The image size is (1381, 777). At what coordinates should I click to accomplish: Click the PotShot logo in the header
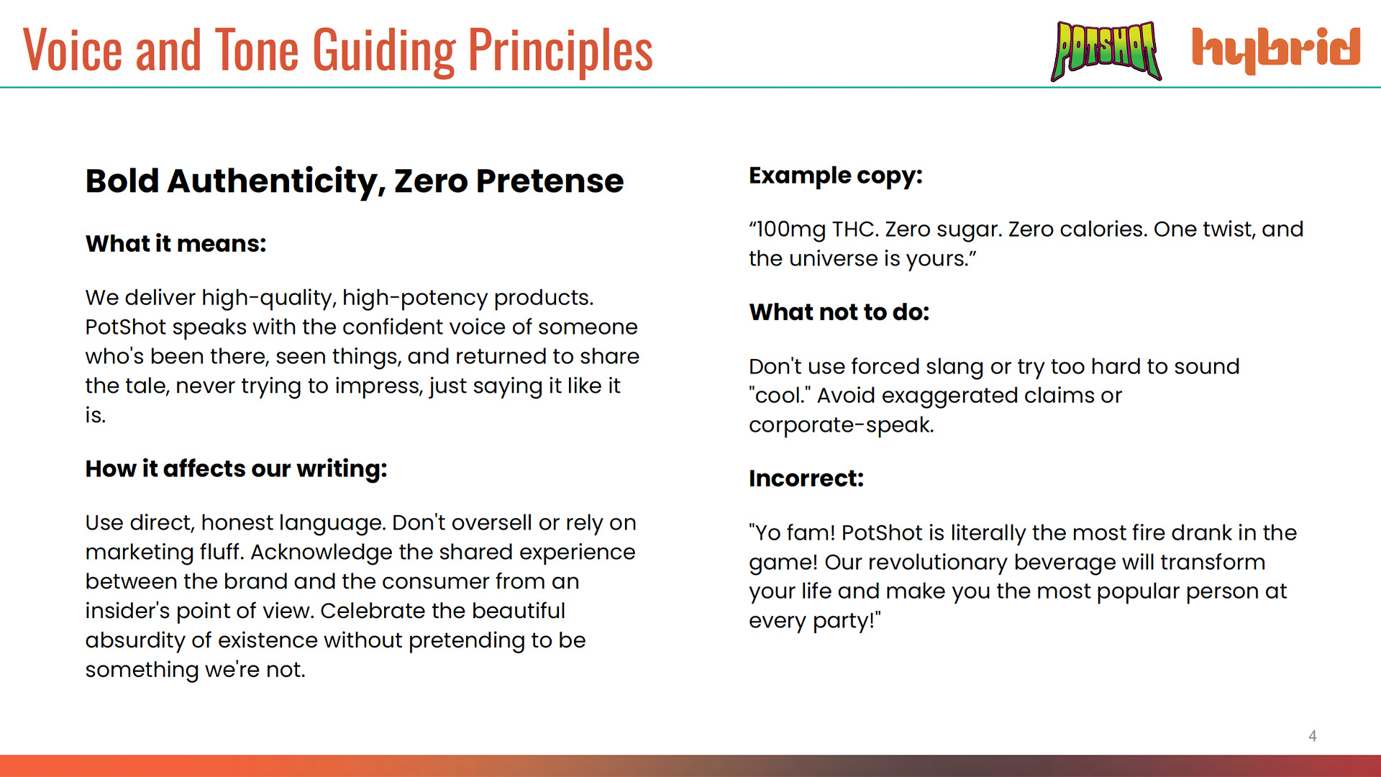click(x=1106, y=50)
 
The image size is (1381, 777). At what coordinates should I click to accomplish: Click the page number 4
click(x=1313, y=735)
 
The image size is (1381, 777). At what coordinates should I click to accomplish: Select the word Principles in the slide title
click(x=560, y=50)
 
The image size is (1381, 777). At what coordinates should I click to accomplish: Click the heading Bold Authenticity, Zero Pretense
click(x=355, y=181)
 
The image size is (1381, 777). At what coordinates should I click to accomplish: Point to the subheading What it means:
click(x=176, y=244)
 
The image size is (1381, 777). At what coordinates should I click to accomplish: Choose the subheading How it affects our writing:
click(x=237, y=469)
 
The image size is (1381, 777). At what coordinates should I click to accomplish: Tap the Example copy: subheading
click(x=836, y=176)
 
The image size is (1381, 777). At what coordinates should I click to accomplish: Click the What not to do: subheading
click(x=839, y=312)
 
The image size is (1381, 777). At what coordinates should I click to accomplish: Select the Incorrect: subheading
click(x=806, y=478)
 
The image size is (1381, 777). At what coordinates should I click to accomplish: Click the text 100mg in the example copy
click(x=790, y=230)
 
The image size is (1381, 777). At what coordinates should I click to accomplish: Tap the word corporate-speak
click(x=842, y=425)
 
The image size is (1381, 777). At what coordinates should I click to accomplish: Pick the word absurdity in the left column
click(x=135, y=640)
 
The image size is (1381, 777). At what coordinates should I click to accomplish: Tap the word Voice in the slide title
click(x=73, y=50)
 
